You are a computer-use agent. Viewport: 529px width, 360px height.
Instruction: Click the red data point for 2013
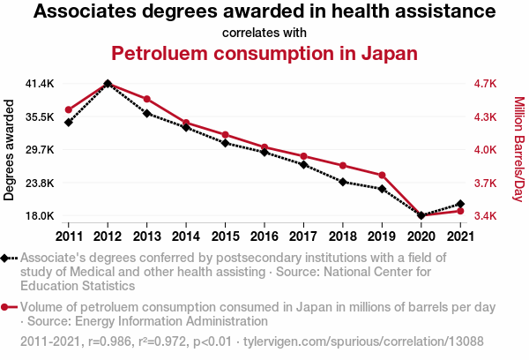click(147, 99)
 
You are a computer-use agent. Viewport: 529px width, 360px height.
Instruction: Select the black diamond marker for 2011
click(68, 122)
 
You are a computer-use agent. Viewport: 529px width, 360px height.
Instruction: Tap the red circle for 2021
click(461, 211)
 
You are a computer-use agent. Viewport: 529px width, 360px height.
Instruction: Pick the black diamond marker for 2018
click(343, 182)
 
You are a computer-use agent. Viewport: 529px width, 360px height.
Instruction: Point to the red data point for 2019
click(383, 176)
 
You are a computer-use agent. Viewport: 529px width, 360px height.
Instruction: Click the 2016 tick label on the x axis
click(264, 236)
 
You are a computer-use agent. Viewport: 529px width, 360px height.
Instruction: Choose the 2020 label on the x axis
click(421, 236)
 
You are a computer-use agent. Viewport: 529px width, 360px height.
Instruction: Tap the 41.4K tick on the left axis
click(40, 84)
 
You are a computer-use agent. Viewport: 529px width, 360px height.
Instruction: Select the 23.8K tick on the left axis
click(40, 184)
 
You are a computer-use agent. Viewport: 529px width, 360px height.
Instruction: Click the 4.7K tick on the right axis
click(486, 84)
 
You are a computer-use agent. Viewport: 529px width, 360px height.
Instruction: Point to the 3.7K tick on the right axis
click(486, 184)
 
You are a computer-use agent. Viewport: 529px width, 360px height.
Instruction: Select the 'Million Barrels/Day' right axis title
click(518, 148)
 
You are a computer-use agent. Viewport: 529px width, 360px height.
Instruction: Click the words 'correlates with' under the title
click(264, 34)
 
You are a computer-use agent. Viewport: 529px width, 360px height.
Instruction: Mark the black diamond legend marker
click(7, 258)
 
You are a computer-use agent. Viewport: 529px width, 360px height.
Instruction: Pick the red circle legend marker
click(7, 307)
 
